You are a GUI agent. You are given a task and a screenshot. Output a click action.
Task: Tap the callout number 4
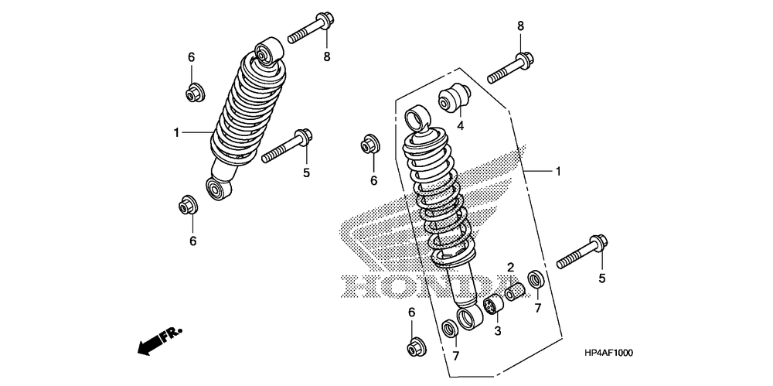[459, 125]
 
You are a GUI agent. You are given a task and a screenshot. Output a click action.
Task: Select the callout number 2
[511, 268]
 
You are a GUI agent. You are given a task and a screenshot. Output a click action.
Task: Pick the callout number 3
[498, 330]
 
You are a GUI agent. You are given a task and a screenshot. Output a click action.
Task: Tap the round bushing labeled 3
[492, 308]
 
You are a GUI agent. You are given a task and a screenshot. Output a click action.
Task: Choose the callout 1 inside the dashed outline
[557, 171]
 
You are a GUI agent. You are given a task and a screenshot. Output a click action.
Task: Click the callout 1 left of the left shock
[177, 133]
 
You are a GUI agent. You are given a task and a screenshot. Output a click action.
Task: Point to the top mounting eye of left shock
[265, 50]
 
